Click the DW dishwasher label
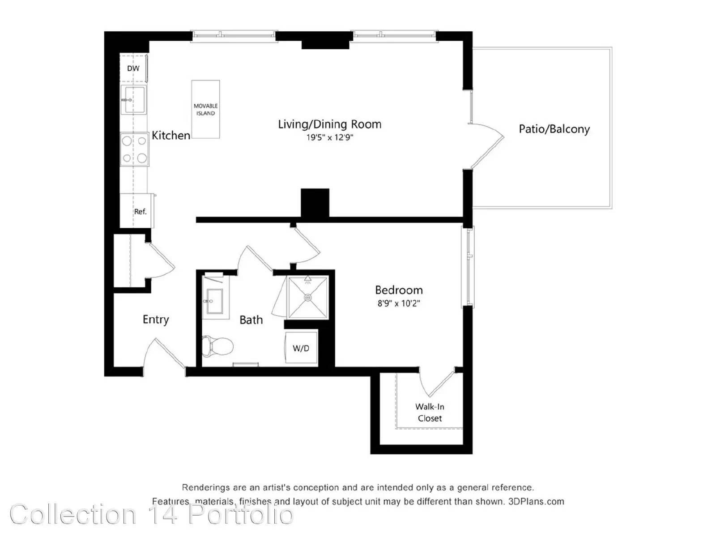click(133, 68)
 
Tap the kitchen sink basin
click(133, 100)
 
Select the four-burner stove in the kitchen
click(134, 149)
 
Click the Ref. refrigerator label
click(140, 211)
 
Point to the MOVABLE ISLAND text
click(205, 110)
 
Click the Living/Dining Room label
click(329, 124)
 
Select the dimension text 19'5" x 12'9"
click(330, 137)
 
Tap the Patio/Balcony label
click(554, 129)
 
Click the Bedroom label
click(399, 290)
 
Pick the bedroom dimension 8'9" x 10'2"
click(399, 303)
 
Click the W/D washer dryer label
click(301, 348)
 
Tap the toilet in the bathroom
click(217, 345)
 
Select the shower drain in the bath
click(307, 297)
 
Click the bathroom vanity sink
click(215, 301)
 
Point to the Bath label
click(251, 320)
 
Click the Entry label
click(156, 319)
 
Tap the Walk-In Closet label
click(430, 412)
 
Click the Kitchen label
click(171, 135)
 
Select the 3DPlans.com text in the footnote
click(536, 501)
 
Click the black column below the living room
click(315, 203)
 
